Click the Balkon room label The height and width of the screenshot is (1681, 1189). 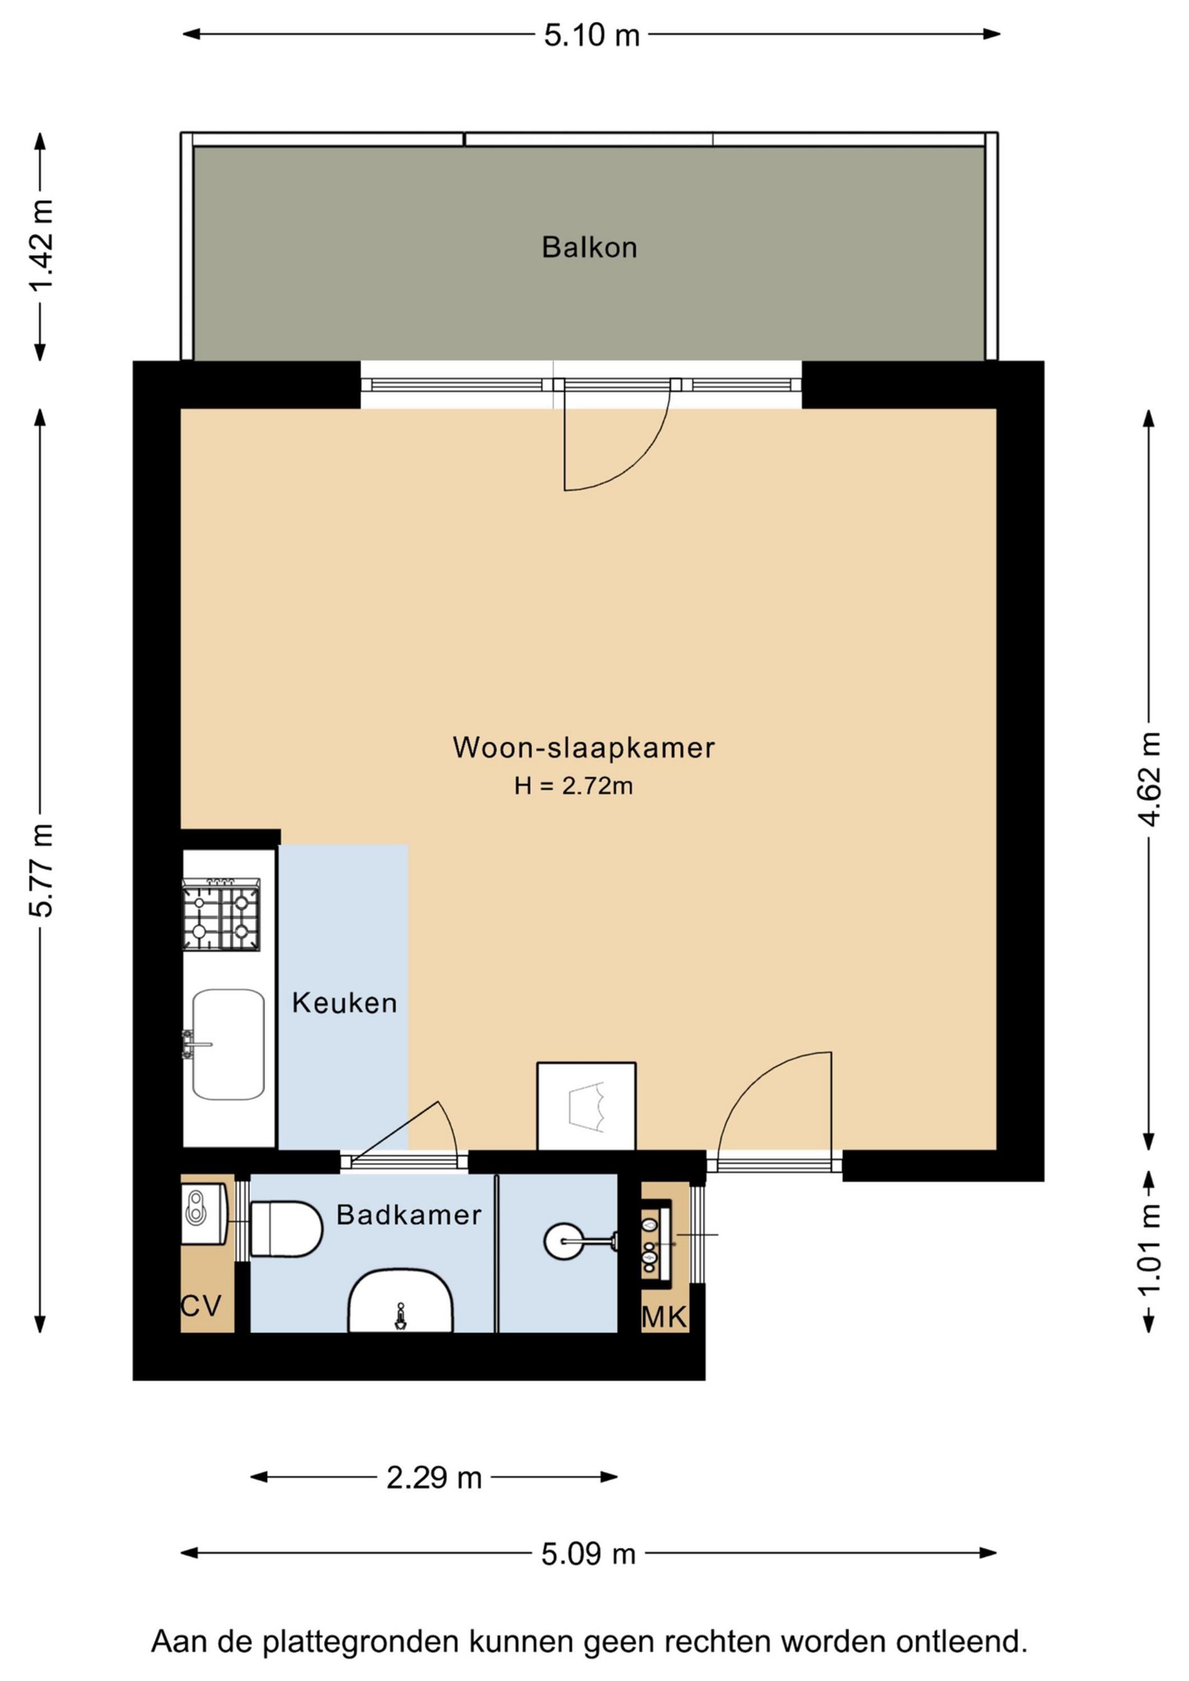[x=589, y=248]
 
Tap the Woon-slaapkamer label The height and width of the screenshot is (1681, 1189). [x=583, y=747]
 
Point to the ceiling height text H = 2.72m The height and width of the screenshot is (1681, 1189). [x=573, y=786]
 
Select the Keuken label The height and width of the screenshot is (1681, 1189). [x=344, y=1003]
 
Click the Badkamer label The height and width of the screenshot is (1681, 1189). [x=409, y=1215]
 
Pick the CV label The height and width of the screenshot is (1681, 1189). [x=201, y=1306]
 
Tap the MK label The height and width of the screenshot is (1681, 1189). [x=664, y=1318]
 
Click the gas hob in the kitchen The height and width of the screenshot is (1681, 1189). [x=220, y=914]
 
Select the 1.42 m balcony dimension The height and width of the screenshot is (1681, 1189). [x=41, y=246]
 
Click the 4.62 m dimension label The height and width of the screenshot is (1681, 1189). [x=1149, y=779]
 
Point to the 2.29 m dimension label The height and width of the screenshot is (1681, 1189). [x=434, y=1478]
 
